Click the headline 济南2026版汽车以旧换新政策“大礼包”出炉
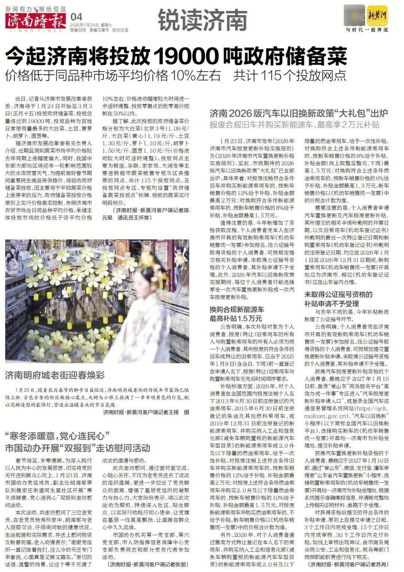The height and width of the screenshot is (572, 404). click(x=298, y=113)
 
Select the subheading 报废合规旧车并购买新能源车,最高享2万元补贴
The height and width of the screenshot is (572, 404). click(x=294, y=124)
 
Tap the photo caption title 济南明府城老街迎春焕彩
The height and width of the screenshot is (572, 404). click(x=55, y=375)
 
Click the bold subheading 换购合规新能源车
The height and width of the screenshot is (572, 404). click(x=236, y=310)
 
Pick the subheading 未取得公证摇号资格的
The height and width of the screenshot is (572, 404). click(x=339, y=294)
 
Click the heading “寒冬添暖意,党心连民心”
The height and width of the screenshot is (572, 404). click(x=56, y=436)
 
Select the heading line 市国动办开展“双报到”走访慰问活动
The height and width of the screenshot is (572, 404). click(x=77, y=448)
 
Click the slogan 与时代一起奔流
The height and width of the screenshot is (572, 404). click(x=367, y=30)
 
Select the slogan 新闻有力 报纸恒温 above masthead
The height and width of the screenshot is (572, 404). click(x=36, y=7)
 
